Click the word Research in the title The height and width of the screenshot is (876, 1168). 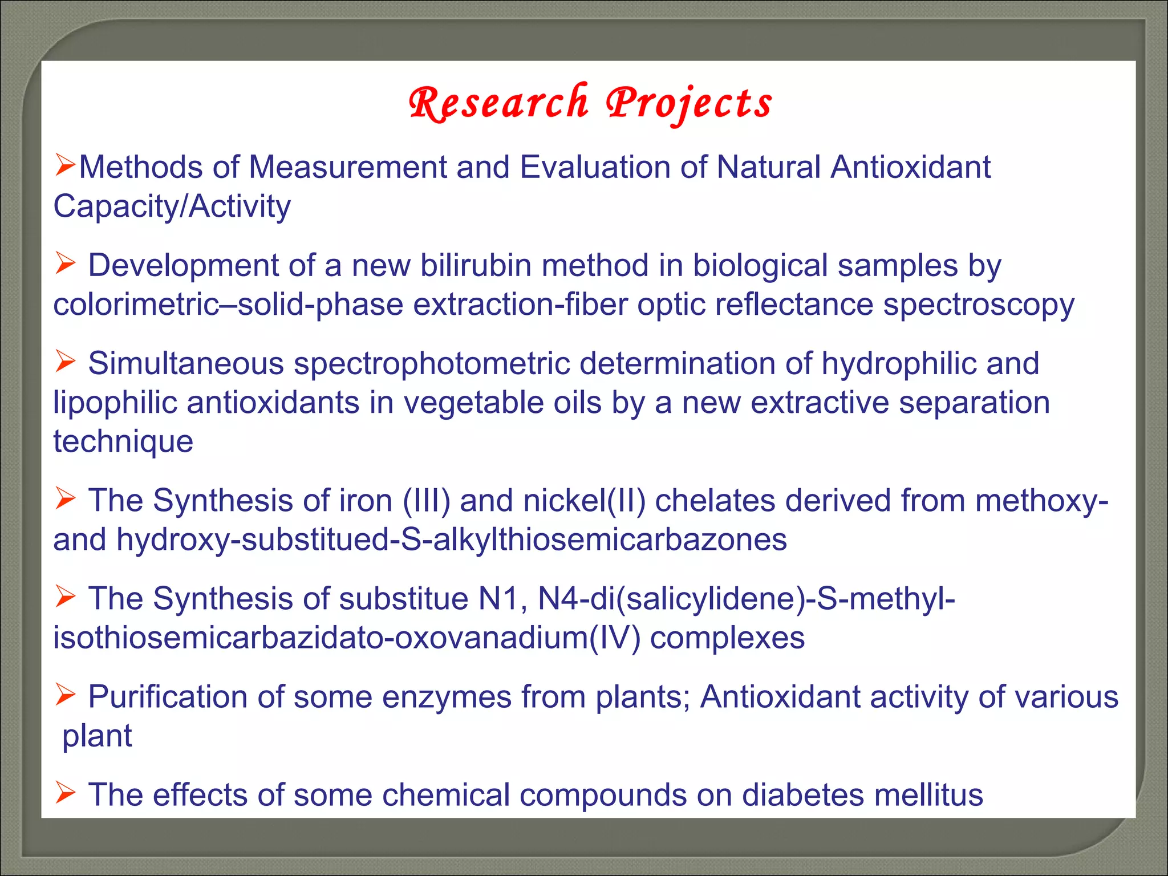(x=498, y=104)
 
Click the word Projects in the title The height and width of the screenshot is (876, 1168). (x=688, y=104)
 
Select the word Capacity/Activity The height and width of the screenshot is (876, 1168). (x=172, y=206)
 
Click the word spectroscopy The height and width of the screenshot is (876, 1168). (x=979, y=305)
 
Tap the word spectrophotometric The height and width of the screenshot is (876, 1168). (x=432, y=364)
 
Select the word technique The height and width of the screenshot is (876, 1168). (x=123, y=442)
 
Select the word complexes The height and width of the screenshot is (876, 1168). (x=727, y=638)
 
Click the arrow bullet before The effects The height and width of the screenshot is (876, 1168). (x=65, y=793)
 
